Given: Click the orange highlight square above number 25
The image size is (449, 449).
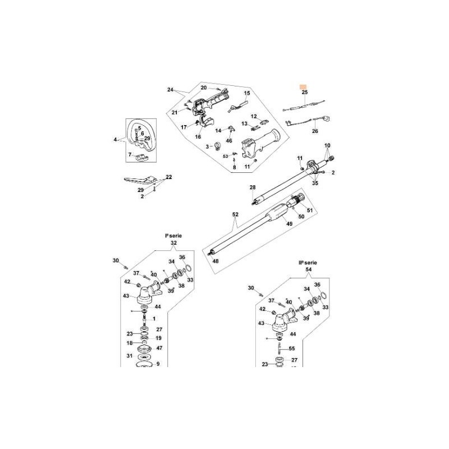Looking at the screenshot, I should click(304, 83).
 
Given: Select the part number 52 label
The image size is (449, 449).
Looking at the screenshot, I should click(235, 214).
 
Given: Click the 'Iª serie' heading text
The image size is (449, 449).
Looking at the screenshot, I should click(173, 236).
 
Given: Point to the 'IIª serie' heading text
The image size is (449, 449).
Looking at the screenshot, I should click(307, 262).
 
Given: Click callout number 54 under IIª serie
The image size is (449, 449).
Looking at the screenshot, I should click(308, 270).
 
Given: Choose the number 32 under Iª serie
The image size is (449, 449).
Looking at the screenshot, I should click(173, 244).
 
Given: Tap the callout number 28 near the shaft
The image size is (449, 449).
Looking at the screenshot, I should click(252, 187).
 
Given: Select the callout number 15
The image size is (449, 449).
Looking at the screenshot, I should click(246, 93).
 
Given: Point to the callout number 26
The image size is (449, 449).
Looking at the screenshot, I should click(315, 131).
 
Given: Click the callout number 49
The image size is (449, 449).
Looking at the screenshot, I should click(290, 223).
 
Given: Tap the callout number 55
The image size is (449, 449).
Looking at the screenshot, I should click(292, 349).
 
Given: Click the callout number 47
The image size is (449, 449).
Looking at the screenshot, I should click(159, 349).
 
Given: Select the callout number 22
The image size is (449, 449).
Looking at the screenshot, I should click(168, 177).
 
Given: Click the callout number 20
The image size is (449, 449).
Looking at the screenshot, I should click(204, 88).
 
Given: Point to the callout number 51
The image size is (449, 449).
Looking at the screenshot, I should click(309, 211).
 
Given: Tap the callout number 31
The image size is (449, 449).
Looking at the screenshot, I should click(129, 356).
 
